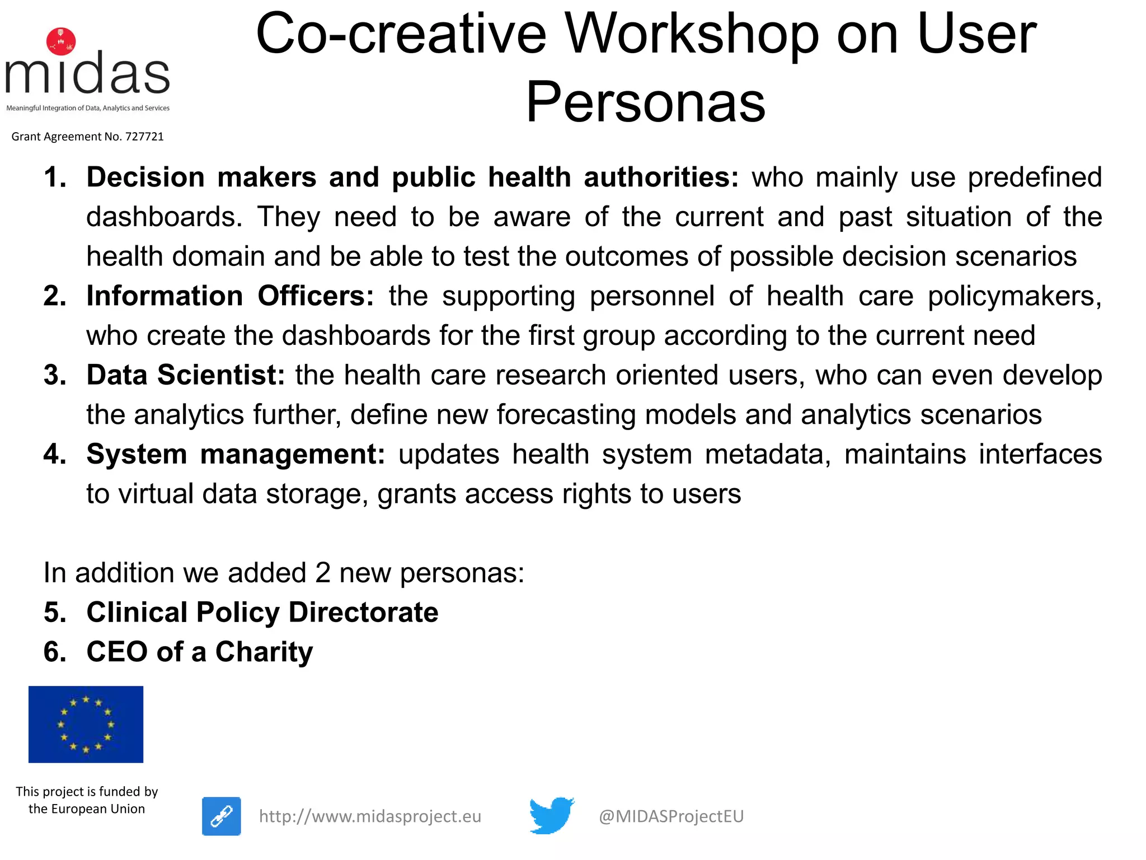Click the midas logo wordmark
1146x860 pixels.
pyautogui.click(x=88, y=74)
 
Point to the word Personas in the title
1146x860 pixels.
pyautogui.click(x=645, y=101)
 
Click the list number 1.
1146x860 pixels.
pyautogui.click(x=54, y=177)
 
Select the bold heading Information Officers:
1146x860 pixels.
pyautogui.click(x=230, y=296)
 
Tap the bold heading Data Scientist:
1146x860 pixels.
pyautogui.click(x=186, y=375)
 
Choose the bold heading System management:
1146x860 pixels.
pyautogui.click(x=236, y=454)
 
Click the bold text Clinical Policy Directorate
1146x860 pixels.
pyautogui.click(x=262, y=612)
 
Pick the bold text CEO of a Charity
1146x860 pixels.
pyautogui.click(x=199, y=652)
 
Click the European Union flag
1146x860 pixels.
pyautogui.click(x=86, y=724)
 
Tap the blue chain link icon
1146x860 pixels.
pyautogui.click(x=222, y=816)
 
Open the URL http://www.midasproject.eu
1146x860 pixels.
pyautogui.click(x=370, y=816)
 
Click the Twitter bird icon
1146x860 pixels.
pyautogui.click(x=552, y=815)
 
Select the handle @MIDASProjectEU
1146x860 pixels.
pyautogui.click(x=671, y=816)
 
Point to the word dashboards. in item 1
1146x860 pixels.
pyautogui.click(x=164, y=217)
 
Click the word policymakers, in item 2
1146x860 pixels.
pyautogui.click(x=1015, y=296)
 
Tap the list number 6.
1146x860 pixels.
pyautogui.click(x=54, y=652)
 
